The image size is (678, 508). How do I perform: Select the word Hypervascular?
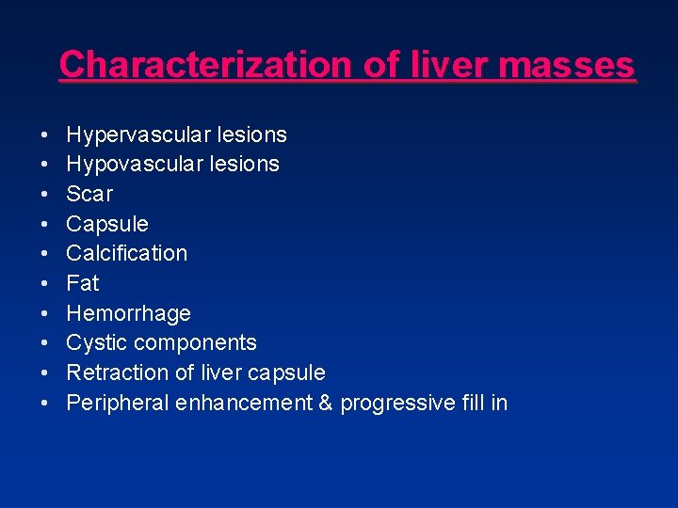pyautogui.click(x=138, y=135)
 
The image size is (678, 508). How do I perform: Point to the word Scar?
pyautogui.click(x=89, y=194)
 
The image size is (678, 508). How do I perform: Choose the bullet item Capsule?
pyautogui.click(x=107, y=224)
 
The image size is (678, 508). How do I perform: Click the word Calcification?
pyautogui.click(x=127, y=253)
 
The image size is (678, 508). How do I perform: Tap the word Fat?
pyautogui.click(x=83, y=283)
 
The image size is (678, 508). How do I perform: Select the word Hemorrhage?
pyautogui.click(x=128, y=313)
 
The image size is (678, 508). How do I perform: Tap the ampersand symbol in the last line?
pyautogui.click(x=326, y=404)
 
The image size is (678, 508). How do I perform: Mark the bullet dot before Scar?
pyautogui.click(x=46, y=195)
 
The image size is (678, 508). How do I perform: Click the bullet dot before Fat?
pyautogui.click(x=46, y=284)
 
